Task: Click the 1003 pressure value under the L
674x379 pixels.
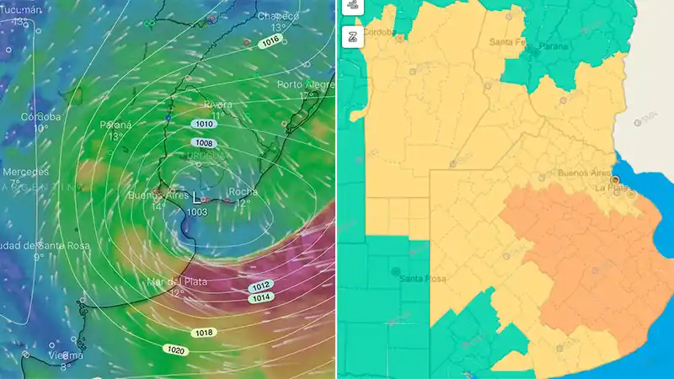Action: [197, 212]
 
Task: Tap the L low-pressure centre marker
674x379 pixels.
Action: [197, 197]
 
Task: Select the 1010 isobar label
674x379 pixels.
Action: [202, 124]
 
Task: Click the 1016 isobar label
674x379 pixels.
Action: [270, 41]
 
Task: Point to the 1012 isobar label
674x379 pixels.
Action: [261, 286]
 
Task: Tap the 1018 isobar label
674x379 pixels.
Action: [203, 333]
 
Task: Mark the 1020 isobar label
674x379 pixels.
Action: [175, 349]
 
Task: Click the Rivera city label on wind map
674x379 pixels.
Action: [218, 104]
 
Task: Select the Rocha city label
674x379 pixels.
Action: [243, 191]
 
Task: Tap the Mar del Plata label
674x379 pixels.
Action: [176, 281]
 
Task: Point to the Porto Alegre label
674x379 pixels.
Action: [307, 84]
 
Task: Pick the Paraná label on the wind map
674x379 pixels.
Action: [115, 125]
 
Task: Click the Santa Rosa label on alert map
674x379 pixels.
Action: [423, 279]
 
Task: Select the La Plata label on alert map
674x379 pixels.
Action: [613, 188]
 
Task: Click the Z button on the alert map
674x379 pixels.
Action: [353, 35]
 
